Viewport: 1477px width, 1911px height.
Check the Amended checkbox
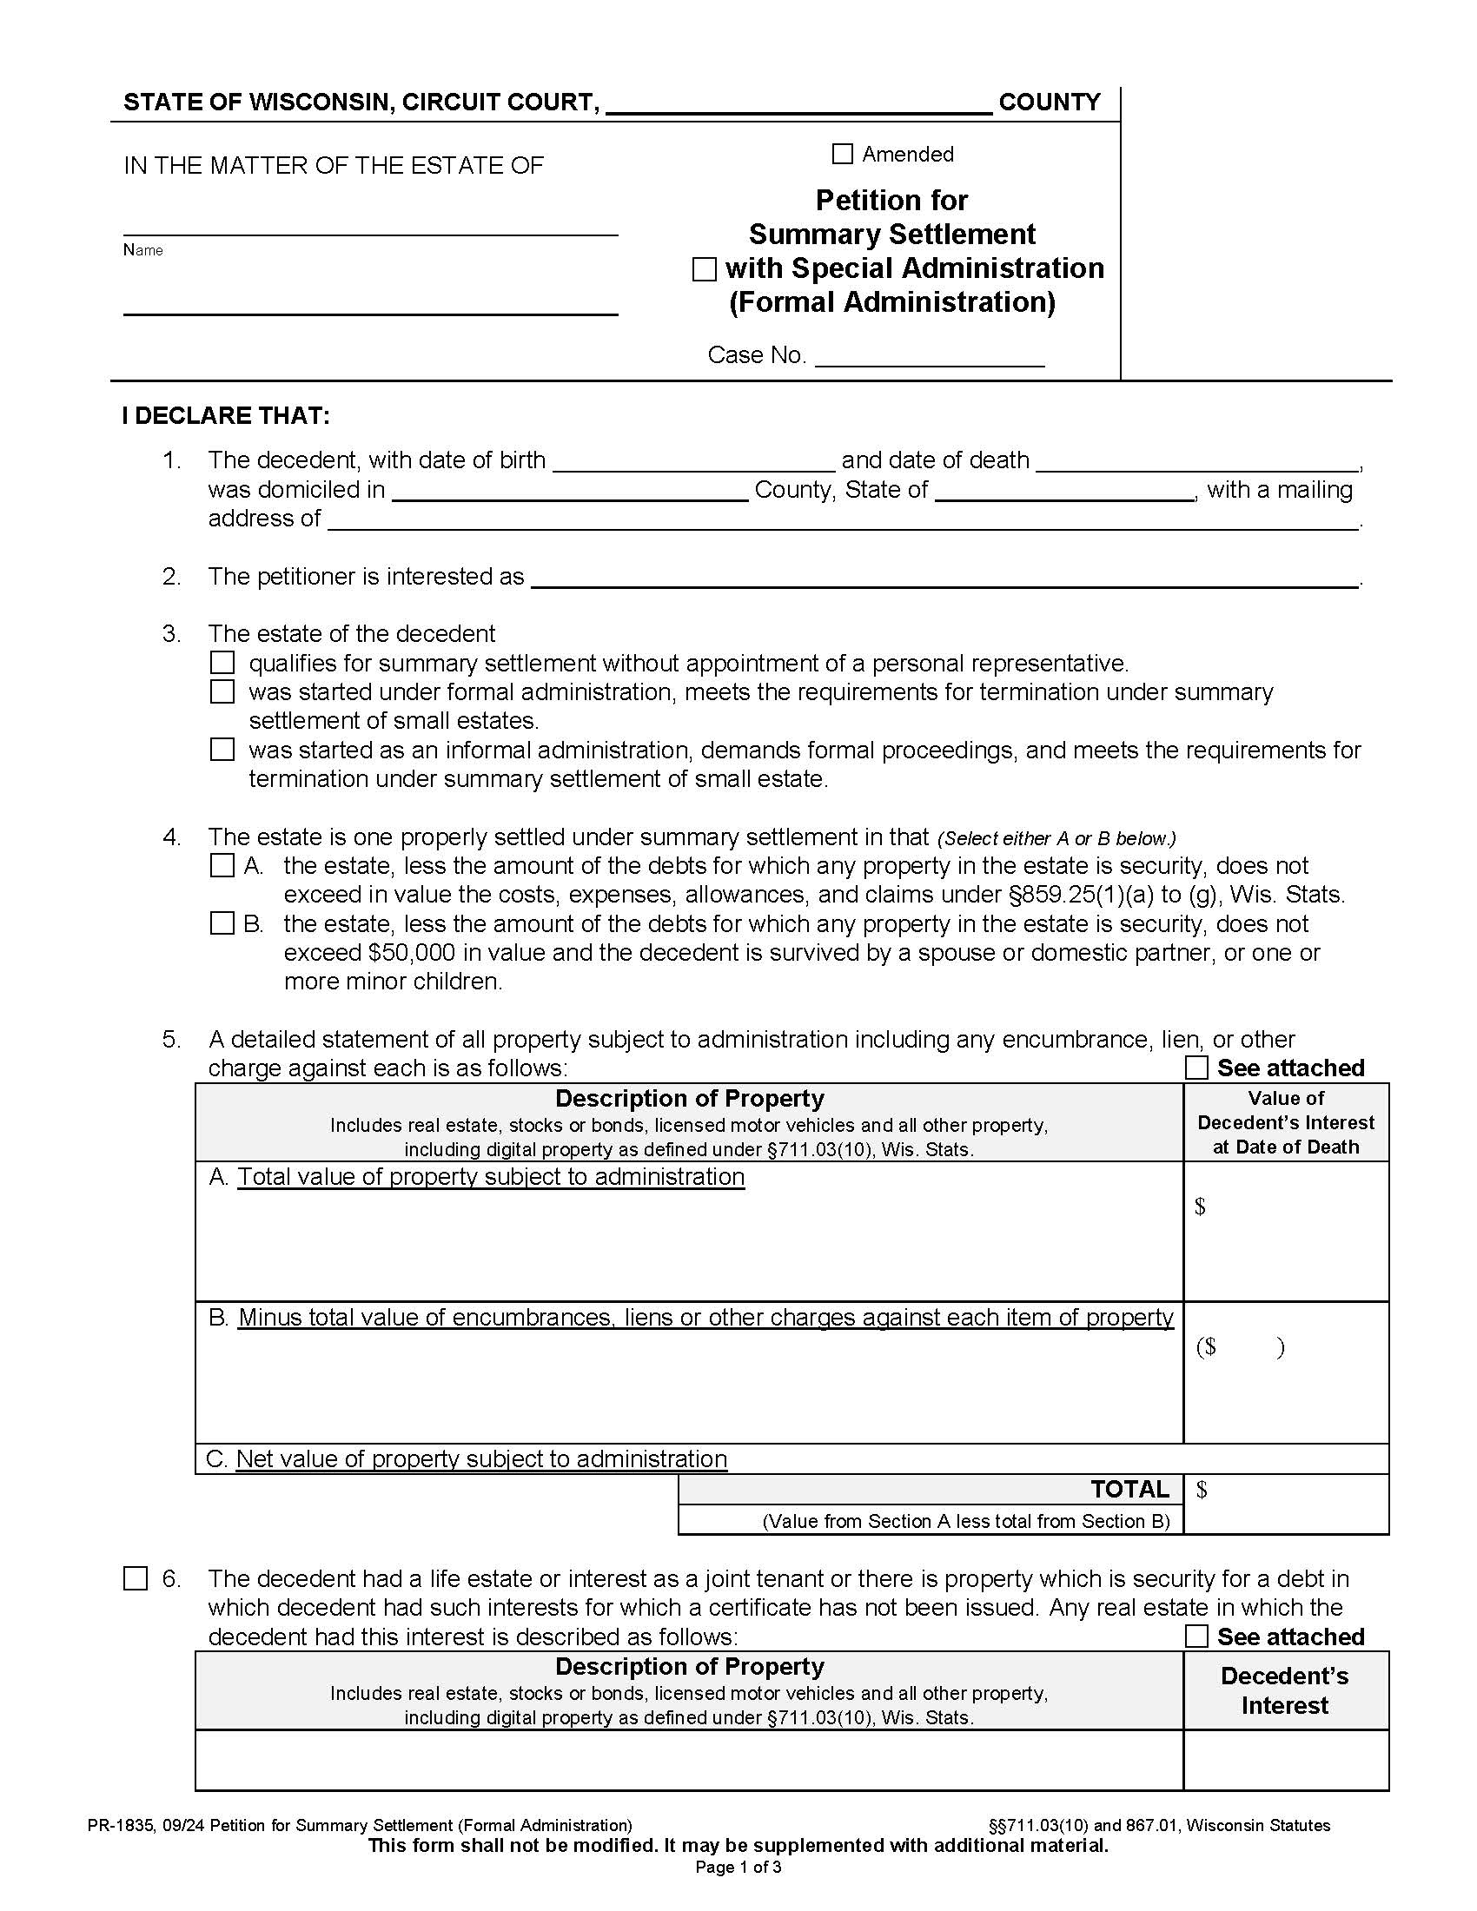point(842,154)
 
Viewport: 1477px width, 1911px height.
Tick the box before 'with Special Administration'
point(704,268)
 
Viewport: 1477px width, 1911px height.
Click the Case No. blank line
point(930,357)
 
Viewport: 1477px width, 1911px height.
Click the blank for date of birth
point(694,462)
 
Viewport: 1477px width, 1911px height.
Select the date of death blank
point(1196,462)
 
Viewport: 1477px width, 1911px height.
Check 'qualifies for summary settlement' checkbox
point(222,663)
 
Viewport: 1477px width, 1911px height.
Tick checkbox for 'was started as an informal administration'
point(222,750)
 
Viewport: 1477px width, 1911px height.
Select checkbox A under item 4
point(222,866)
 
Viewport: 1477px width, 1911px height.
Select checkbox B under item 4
point(222,924)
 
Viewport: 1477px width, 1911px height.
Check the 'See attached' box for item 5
point(1196,1068)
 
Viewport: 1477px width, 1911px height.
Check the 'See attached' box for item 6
point(1196,1637)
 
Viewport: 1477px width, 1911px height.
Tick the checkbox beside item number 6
point(136,1578)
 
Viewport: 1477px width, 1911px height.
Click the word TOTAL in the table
point(1129,1490)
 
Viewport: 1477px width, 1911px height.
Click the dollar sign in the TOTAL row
point(1202,1490)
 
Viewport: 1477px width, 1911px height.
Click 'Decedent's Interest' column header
point(1284,1690)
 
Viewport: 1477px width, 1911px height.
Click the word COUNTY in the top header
point(1050,102)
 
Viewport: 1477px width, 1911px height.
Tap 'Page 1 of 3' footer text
point(738,1868)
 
